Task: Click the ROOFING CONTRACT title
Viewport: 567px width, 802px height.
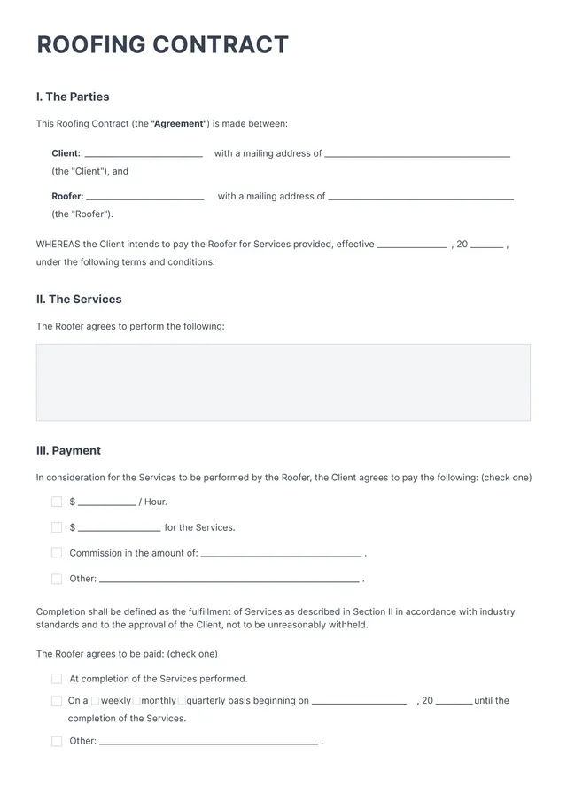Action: tap(162, 45)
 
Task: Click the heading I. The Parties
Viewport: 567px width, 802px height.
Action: tap(73, 97)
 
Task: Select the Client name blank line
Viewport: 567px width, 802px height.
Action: tap(143, 155)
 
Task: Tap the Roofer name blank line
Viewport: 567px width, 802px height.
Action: tap(145, 198)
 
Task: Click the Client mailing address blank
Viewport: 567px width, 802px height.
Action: tap(417, 155)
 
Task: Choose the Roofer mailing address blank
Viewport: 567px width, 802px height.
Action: tap(421, 198)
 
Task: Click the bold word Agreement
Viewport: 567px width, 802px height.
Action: tap(180, 124)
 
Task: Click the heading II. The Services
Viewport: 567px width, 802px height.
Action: tap(79, 300)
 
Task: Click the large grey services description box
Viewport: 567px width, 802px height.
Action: tap(283, 382)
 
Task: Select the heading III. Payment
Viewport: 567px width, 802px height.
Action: tap(68, 450)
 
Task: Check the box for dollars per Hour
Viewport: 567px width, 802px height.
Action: tap(57, 502)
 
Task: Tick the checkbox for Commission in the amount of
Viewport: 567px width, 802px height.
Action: tap(57, 552)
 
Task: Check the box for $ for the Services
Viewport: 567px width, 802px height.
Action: tap(57, 527)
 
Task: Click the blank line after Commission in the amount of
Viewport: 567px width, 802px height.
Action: tap(281, 555)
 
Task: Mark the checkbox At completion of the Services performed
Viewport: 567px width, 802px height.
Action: tap(57, 679)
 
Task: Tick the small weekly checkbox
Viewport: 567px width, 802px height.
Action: tap(96, 701)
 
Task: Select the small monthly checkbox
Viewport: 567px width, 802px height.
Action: tap(136, 701)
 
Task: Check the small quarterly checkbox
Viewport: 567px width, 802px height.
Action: tap(182, 701)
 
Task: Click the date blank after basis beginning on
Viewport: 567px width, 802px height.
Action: tap(359, 703)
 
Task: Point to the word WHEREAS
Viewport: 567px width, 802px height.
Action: tap(58, 245)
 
